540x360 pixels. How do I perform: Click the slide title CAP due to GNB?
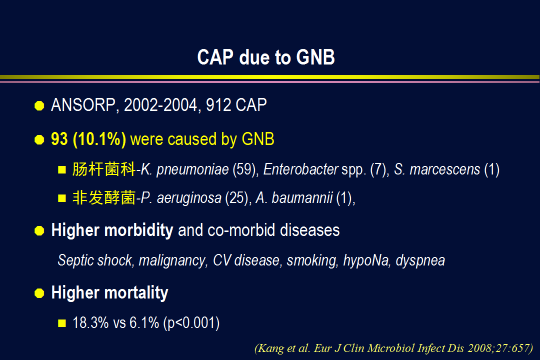point(266,57)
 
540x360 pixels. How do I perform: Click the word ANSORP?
point(83,105)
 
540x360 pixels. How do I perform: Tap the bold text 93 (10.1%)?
point(88,139)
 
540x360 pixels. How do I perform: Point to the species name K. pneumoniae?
point(184,169)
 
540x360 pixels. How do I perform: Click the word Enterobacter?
point(300,169)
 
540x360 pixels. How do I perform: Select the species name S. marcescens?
point(437,169)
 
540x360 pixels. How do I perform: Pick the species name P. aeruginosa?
point(181,198)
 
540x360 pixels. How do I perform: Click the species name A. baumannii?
point(294,197)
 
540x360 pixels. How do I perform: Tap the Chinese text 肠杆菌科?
point(103,169)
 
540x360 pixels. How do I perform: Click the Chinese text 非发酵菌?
point(103,197)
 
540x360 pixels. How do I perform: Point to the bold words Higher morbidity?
point(112,230)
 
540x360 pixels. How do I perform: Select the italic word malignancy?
point(172,260)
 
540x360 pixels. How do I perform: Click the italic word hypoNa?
point(366,260)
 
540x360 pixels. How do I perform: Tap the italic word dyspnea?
point(420,260)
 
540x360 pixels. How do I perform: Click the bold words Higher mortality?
point(109,293)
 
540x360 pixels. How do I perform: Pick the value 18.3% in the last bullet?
point(90,323)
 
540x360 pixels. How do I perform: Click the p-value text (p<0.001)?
point(191,323)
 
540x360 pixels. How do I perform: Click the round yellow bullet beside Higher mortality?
point(39,293)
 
